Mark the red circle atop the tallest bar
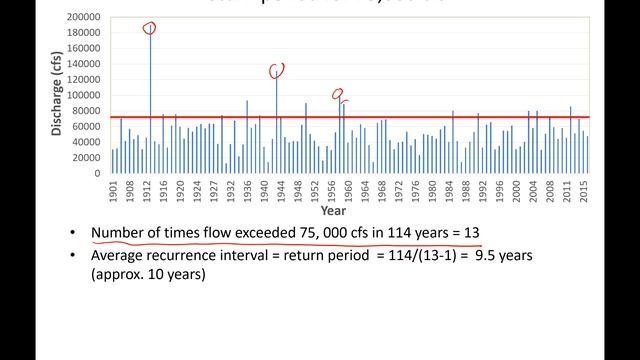click(150, 29)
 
